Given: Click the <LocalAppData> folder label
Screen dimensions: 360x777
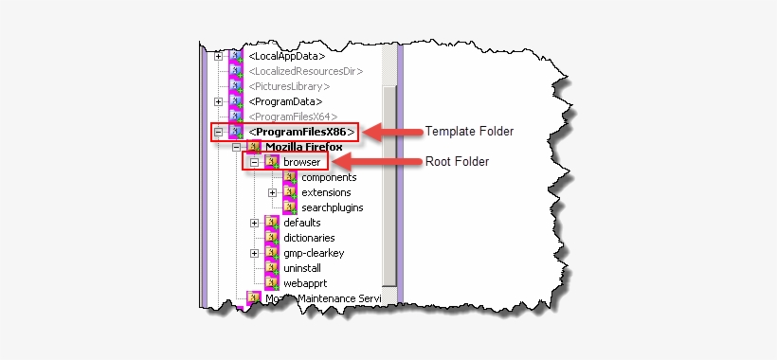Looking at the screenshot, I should pos(286,56).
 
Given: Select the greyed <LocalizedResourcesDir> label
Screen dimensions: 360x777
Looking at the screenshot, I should pos(306,71).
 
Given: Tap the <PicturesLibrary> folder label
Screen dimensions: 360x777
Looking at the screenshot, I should pos(289,86).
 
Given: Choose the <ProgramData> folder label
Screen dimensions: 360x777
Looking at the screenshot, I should pos(286,101).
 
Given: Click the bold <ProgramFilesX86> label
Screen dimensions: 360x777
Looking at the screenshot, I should pos(302,132).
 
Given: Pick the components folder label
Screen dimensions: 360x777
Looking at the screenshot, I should pos(329,177).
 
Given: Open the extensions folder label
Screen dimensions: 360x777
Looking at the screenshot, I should pos(325,192).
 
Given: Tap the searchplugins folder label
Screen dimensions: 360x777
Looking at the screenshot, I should pos(332,207).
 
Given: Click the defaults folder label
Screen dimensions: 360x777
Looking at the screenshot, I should pos(302,223).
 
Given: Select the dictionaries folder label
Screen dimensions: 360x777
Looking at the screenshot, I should pos(309,238).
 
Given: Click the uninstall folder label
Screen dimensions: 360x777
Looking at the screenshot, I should pos(303,268).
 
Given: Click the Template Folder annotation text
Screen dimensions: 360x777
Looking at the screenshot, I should pos(469,131).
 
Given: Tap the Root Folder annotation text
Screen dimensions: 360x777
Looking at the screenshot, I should pos(457,161).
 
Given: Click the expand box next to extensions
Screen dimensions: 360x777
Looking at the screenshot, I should pos(272,192).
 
